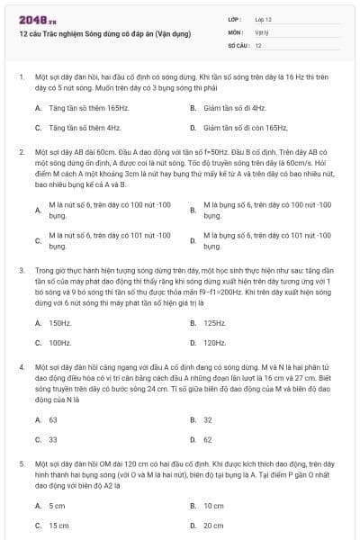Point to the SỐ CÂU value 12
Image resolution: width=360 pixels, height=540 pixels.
(258, 44)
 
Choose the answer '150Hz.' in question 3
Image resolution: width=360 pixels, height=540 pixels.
(60, 322)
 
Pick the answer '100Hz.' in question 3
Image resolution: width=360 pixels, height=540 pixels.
(60, 343)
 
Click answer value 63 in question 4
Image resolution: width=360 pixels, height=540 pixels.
(53, 419)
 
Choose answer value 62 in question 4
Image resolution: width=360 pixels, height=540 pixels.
(208, 440)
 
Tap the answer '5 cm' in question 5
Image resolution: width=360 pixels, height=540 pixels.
(58, 505)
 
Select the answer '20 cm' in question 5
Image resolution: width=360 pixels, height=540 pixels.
(213, 526)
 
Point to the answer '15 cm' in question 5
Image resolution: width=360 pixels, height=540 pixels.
(58, 526)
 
